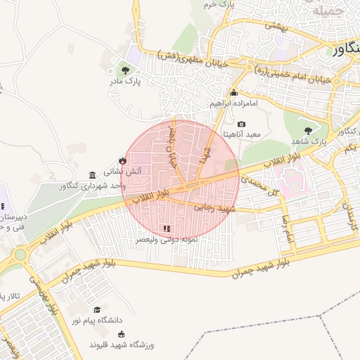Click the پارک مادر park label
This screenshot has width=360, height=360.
point(125,82)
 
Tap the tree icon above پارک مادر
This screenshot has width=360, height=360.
point(125,70)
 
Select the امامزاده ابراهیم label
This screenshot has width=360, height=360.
point(234,103)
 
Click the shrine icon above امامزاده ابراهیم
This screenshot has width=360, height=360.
point(234,92)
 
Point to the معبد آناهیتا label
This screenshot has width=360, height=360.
point(243,134)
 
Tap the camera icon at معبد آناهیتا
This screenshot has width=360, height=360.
point(242,124)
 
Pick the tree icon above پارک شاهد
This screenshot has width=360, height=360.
point(308,130)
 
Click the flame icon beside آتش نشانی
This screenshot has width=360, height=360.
point(122,160)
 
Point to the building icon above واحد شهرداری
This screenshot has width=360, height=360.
point(92,174)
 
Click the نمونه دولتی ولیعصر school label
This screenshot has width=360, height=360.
point(167,240)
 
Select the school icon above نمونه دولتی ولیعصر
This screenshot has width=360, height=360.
point(167,229)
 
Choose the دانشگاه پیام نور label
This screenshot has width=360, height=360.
point(97,321)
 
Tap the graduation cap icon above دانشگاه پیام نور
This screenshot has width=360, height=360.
point(97,309)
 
